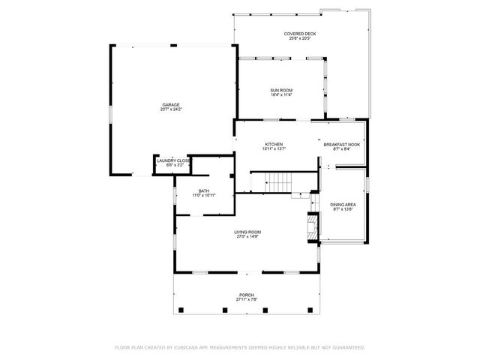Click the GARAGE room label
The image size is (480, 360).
171,104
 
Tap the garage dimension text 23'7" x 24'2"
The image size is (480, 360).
171,109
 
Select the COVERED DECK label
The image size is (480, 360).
300,34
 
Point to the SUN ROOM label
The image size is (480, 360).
281,90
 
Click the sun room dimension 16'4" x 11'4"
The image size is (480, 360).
281,95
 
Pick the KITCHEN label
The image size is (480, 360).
274,144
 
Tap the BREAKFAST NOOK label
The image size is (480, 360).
342,144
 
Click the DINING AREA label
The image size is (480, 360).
343,204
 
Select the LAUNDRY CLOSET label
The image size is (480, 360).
173,160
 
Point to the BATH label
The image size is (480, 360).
204,190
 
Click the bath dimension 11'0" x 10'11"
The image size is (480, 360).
204,196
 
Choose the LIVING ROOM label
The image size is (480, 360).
247,232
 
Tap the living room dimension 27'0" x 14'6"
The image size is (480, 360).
247,237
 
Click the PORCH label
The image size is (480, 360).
247,295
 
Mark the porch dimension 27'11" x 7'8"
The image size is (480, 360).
247,300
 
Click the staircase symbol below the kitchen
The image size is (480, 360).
279,183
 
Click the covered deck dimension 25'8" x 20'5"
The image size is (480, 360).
300,39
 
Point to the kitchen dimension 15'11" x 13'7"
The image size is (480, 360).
274,149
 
